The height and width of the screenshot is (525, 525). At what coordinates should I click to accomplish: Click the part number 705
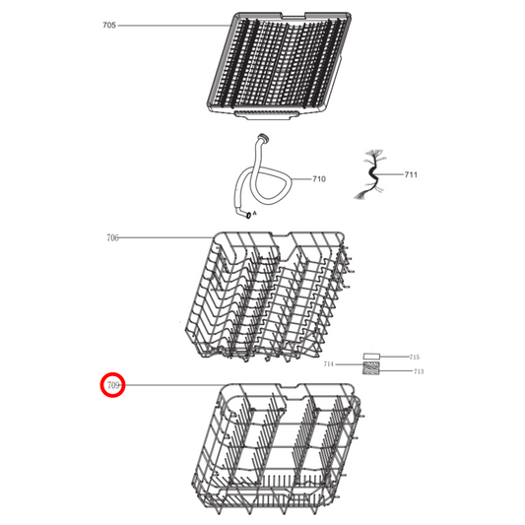109,25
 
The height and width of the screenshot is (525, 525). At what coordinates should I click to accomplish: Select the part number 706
112,238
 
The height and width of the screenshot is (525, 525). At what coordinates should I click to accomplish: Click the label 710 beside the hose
319,179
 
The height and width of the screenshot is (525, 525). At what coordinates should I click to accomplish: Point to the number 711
411,174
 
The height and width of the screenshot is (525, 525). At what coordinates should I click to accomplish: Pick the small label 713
418,371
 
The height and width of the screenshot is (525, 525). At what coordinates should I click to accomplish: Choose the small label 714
329,364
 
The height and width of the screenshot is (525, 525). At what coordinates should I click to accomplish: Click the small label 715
415,357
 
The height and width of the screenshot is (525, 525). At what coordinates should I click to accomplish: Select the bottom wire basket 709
281,448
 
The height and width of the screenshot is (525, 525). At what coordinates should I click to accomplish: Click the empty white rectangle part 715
372,357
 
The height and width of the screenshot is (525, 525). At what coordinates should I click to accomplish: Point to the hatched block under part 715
372,369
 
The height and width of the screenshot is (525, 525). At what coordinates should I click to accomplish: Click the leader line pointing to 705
172,25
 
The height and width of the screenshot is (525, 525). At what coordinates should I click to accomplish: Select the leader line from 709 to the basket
177,386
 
